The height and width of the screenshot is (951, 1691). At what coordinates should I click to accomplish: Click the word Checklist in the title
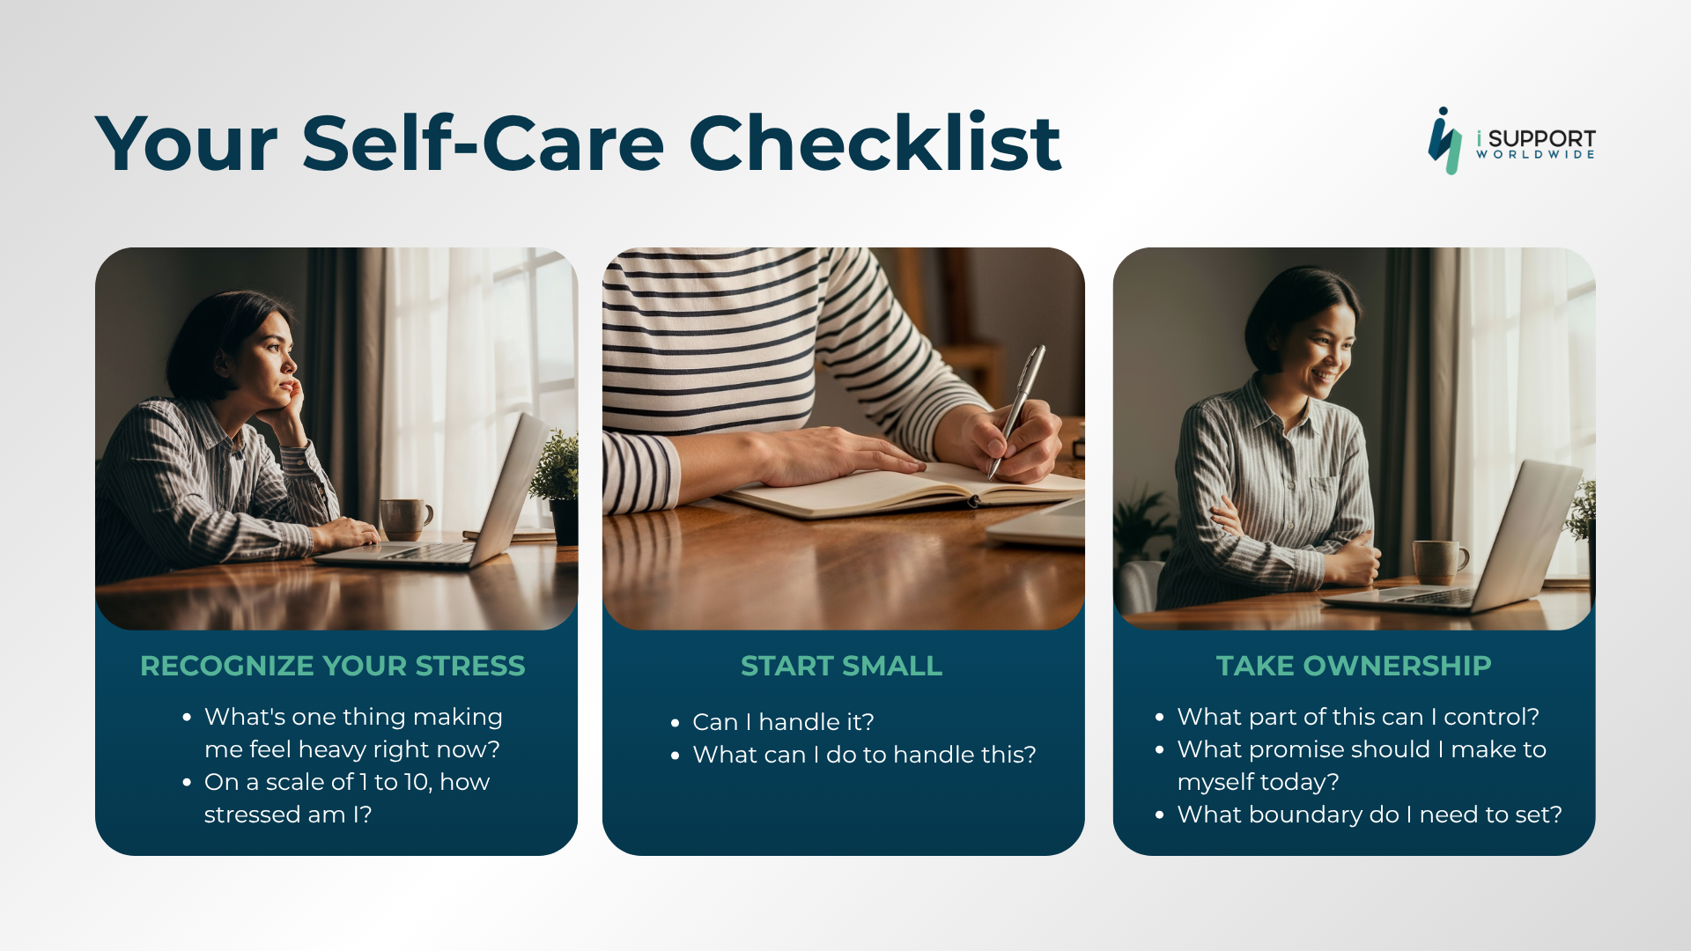point(875,143)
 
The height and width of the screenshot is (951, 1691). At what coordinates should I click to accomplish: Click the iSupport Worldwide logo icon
point(1444,141)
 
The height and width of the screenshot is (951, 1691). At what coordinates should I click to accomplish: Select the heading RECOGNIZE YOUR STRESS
point(333,666)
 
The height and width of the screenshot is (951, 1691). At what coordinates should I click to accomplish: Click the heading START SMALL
point(842,666)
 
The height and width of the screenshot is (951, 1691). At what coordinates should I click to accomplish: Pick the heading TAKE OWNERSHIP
point(1354,666)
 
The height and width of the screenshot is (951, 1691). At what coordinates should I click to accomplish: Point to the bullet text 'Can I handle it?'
point(783,722)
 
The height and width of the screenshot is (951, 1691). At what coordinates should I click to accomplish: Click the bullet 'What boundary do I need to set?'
point(1370,815)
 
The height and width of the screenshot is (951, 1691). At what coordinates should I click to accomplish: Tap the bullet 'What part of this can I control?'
point(1358,717)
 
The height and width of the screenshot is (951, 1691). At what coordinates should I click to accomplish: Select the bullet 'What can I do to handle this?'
point(864,755)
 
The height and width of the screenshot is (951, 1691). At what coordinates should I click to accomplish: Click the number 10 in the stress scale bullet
point(417,782)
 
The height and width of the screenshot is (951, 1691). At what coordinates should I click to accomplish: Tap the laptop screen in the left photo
point(511,489)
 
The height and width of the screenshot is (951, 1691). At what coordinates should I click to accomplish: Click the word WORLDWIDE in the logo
point(1535,155)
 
